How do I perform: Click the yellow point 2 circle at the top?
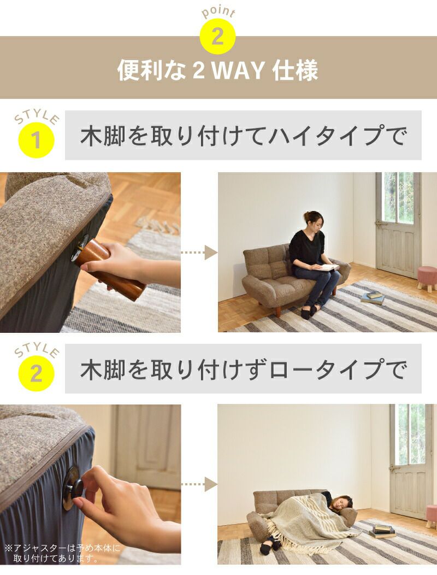click(x=217, y=36)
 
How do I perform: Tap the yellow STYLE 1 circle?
click(x=36, y=140)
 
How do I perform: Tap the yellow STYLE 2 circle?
click(x=36, y=374)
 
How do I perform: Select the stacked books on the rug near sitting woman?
click(x=373, y=297)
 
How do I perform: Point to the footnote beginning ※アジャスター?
click(x=62, y=553)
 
